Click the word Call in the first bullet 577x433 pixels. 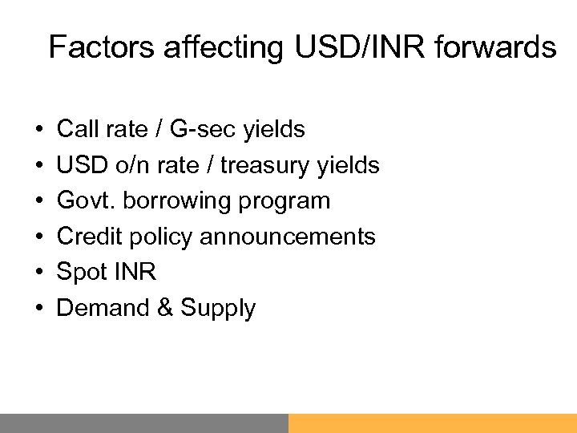pyautogui.click(x=75, y=128)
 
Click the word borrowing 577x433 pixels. pyautogui.click(x=181, y=200)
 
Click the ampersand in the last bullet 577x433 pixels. pyautogui.click(x=167, y=308)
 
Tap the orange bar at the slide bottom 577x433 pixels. pyautogui.click(x=433, y=423)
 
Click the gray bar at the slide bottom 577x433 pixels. pyautogui.click(x=144, y=423)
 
